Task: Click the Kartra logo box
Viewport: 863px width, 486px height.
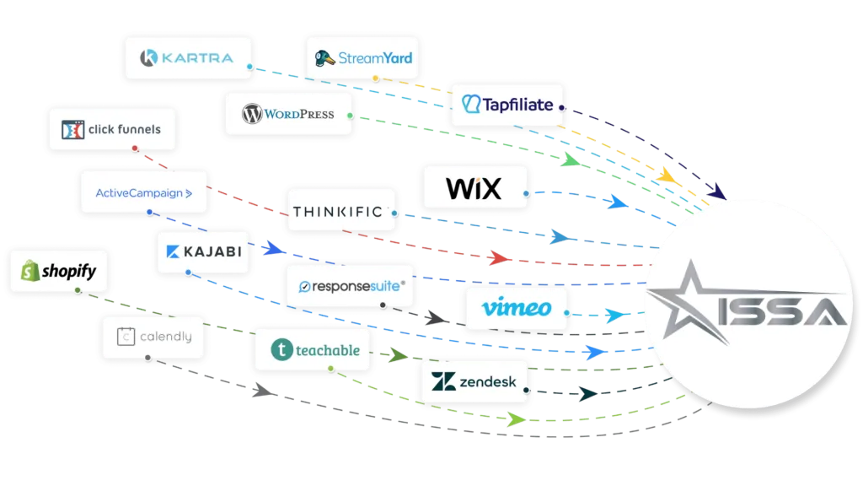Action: pos(187,58)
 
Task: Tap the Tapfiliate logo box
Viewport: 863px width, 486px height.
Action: pos(507,105)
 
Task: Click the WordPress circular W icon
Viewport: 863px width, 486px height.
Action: pos(250,115)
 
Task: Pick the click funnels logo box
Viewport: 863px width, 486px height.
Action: pos(113,130)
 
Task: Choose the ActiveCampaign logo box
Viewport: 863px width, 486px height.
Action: pos(143,192)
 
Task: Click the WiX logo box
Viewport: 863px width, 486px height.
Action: pos(474,188)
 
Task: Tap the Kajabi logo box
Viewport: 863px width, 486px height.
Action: pos(203,251)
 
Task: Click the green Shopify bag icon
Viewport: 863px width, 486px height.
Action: pos(31,271)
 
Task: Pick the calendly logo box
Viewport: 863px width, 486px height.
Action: pos(153,337)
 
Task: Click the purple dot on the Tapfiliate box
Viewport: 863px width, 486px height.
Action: pos(563,107)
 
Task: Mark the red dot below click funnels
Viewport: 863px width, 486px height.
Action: pos(135,149)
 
